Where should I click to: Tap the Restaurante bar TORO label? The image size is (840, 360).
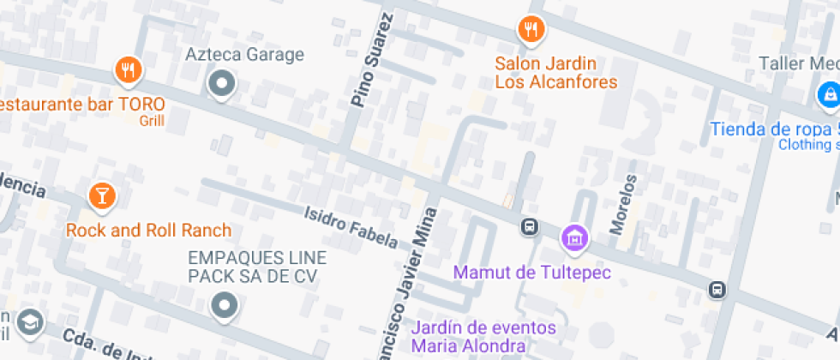tap(82, 105)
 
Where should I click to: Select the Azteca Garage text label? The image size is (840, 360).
tap(245, 55)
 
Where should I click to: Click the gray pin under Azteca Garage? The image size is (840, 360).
tap(222, 84)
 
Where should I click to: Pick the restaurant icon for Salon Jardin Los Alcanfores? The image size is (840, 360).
tap(531, 30)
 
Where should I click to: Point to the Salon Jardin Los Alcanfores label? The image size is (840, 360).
tap(556, 73)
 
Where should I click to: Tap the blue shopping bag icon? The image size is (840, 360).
tap(828, 93)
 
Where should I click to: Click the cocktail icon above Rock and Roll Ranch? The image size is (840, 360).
tap(101, 195)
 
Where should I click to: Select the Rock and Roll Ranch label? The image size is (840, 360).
tap(149, 230)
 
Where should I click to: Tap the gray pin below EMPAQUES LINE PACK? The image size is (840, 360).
tap(225, 304)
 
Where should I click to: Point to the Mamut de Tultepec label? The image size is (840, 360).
tap(532, 273)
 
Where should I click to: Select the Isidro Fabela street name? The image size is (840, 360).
tap(351, 226)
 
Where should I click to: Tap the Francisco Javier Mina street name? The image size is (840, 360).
tap(417, 283)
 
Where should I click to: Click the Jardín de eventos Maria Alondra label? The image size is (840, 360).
tap(483, 337)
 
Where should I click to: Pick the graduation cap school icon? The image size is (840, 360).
tap(30, 321)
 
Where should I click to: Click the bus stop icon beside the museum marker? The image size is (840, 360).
tap(530, 228)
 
